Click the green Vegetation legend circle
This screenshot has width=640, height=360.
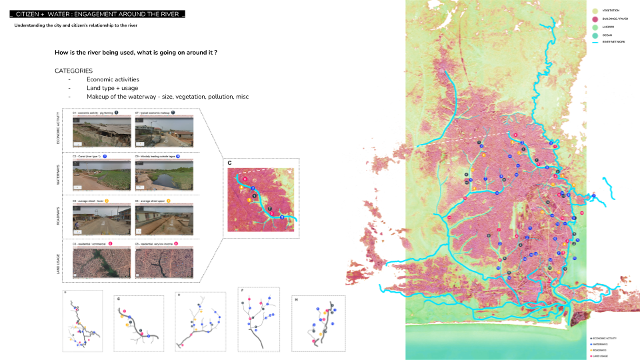click(595, 10)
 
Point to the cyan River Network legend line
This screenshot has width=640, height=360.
click(595, 42)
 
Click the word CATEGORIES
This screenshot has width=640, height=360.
click(73, 71)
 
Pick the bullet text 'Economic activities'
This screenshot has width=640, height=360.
click(113, 79)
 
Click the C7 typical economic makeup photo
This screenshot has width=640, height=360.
click(164, 132)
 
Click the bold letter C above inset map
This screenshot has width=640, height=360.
click(230, 163)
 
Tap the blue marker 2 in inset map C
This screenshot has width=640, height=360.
click(253, 189)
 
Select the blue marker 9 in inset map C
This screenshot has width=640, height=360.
click(282, 218)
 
